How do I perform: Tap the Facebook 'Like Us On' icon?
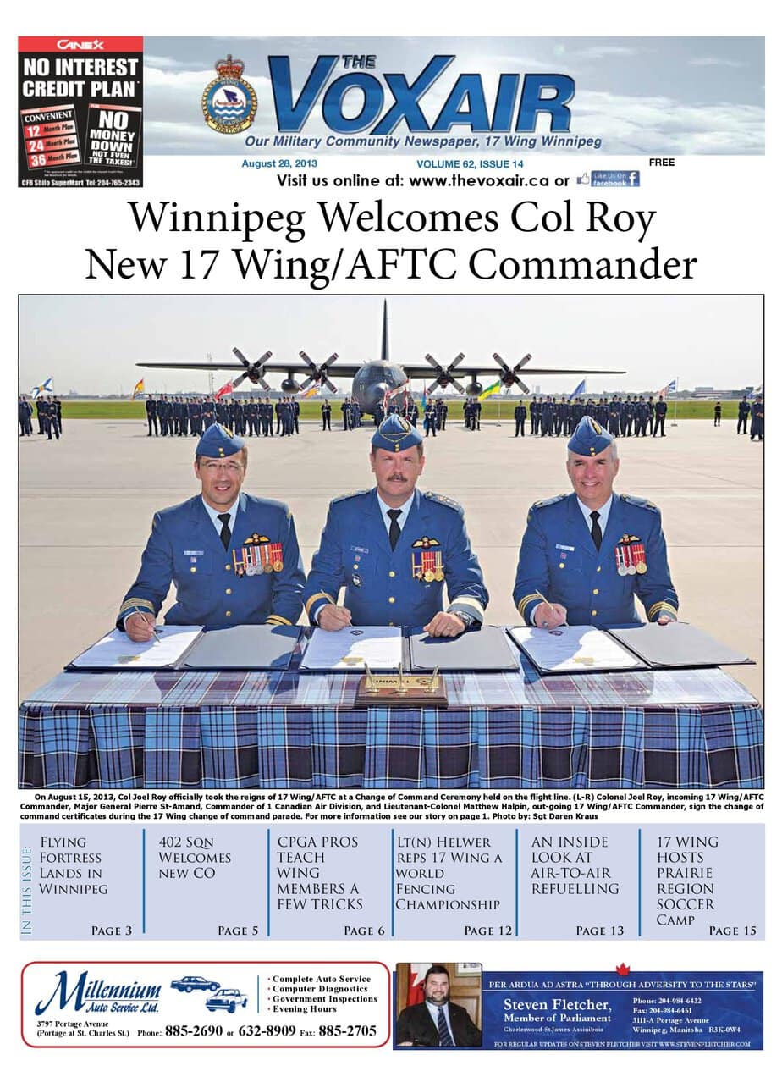[x=608, y=179]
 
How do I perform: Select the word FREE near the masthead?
[x=662, y=163]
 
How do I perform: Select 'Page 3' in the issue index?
[x=111, y=931]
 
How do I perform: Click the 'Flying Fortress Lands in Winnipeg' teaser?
[x=74, y=865]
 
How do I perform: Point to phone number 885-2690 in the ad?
[x=194, y=1030]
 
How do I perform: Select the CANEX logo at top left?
[x=80, y=43]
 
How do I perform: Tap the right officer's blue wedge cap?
[x=590, y=436]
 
